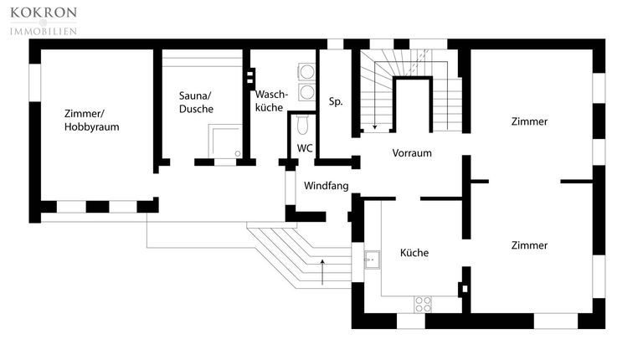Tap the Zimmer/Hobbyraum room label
click(91, 121)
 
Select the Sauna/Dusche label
click(196, 102)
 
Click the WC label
click(306, 148)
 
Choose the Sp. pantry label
click(337, 101)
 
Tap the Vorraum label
click(412, 153)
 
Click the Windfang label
click(326, 185)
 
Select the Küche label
click(414, 252)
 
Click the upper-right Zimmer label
click(529, 121)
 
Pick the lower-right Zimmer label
click(529, 245)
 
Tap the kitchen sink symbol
click(371, 260)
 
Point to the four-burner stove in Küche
click(424, 303)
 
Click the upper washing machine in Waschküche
click(306, 72)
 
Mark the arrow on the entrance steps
click(323, 270)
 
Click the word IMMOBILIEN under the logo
click(43, 31)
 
